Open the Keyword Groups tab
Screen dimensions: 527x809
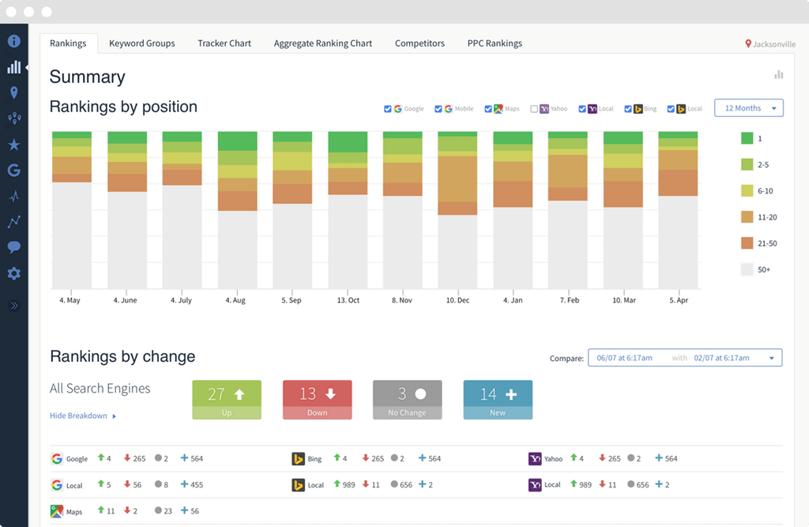point(142,43)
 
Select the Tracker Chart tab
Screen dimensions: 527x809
point(224,43)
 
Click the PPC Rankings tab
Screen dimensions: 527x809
point(495,43)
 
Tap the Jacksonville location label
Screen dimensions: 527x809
point(770,44)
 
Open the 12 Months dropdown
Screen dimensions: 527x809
point(748,108)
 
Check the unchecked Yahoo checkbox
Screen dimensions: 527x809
point(534,109)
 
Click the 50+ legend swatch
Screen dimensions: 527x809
point(747,269)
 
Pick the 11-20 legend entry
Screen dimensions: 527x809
point(747,216)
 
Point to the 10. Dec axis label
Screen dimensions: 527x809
point(457,300)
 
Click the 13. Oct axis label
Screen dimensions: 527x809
point(348,300)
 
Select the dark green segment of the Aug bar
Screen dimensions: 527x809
point(238,141)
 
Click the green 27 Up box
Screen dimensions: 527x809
point(227,399)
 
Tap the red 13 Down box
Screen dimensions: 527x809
point(317,399)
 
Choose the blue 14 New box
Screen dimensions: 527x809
point(498,399)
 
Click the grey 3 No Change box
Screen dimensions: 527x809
point(408,399)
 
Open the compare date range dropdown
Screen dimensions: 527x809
point(685,358)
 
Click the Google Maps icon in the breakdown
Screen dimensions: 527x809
point(57,511)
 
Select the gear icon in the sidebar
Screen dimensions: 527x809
point(13,273)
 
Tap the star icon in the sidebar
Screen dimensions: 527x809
point(13,145)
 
